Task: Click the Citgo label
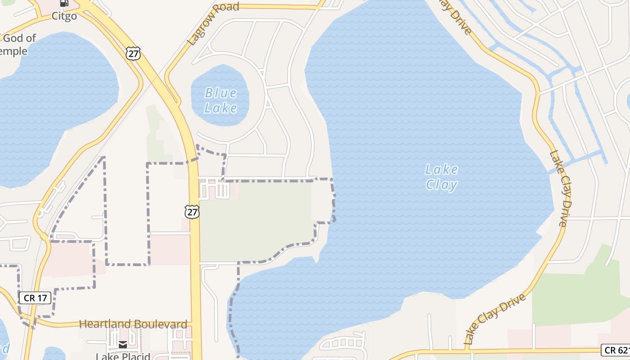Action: (64, 16)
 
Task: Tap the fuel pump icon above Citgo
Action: (64, 4)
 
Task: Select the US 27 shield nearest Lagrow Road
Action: (133, 53)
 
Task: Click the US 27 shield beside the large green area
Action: (192, 211)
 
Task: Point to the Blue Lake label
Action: (220, 100)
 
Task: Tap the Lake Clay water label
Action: (441, 177)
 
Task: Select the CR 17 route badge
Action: (35, 297)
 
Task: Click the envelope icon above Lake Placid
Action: (122, 345)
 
